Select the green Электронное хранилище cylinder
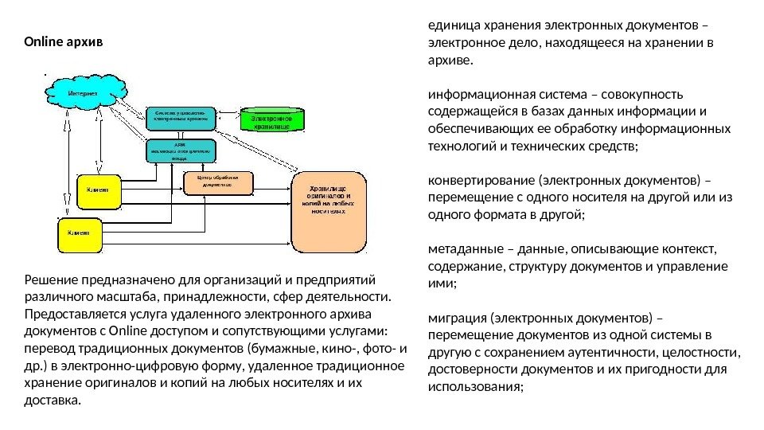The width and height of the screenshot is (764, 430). [x=271, y=120]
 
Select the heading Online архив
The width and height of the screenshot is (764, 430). [x=64, y=40]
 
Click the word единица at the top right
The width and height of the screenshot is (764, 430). [x=451, y=24]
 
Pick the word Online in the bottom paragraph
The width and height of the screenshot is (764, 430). [x=126, y=331]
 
